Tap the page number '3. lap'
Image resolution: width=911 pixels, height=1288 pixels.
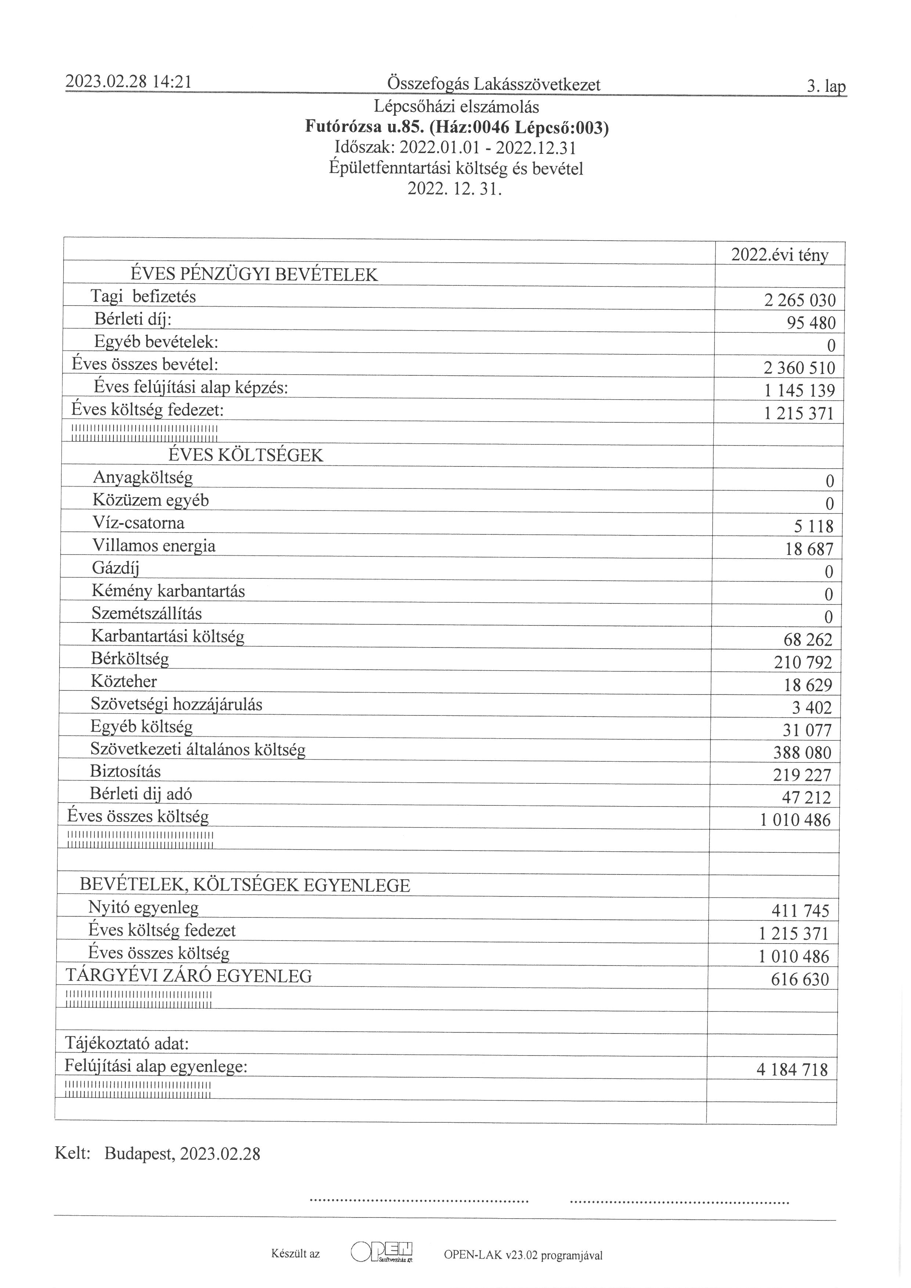pos(826,86)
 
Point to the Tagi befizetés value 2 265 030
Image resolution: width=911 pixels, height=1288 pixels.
pos(799,300)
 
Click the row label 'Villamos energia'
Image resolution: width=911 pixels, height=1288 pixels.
pos(153,545)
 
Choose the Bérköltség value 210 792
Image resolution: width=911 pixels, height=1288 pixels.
pos(803,662)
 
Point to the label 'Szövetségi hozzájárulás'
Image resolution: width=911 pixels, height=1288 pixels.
pos(176,704)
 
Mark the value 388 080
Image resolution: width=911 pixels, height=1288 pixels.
pos(802,752)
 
